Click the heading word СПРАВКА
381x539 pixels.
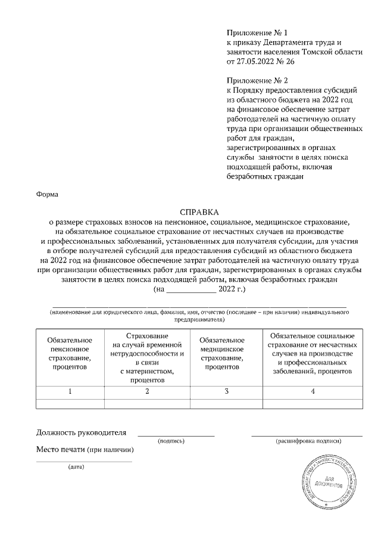pyautogui.click(x=199, y=211)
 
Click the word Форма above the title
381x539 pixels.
pyautogui.click(x=47, y=194)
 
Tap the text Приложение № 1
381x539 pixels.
pyautogui.click(x=257, y=32)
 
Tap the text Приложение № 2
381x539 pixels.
pyautogui.click(x=257, y=79)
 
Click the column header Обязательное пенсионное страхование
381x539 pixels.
pyautogui.click(x=70, y=353)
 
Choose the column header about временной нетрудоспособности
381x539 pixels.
pyautogui.click(x=148, y=358)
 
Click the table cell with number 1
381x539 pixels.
pyautogui.click(x=70, y=391)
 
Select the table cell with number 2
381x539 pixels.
pyautogui.click(x=148, y=391)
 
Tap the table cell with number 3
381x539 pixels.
pyautogui.click(x=226, y=391)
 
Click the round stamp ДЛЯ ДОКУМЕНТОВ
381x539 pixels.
pyautogui.click(x=326, y=481)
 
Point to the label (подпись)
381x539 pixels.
pyautogui.click(x=171, y=441)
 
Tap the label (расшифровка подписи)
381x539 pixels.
pyautogui.click(x=308, y=441)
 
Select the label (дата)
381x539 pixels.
pyautogui.click(x=77, y=466)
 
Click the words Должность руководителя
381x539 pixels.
pyautogui.click(x=82, y=432)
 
